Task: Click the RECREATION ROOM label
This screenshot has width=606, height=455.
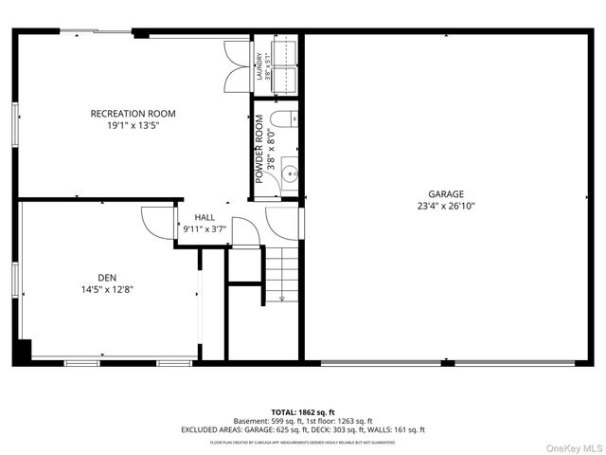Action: [x=133, y=114]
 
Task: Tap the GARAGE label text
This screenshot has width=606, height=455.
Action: [x=445, y=192]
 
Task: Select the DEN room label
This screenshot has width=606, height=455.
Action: [x=92, y=278]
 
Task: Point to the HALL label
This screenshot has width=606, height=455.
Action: [x=205, y=217]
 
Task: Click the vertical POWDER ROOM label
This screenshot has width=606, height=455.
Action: [x=258, y=149]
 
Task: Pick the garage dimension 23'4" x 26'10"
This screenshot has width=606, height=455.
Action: [x=445, y=205]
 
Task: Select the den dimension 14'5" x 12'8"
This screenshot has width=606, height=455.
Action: [x=92, y=290]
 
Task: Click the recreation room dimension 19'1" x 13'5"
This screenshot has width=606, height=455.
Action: [x=133, y=126]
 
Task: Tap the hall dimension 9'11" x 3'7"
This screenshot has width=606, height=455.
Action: [x=205, y=229]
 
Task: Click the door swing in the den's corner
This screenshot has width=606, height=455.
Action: [x=154, y=222]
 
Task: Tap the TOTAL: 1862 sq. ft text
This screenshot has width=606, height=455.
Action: [x=303, y=411]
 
